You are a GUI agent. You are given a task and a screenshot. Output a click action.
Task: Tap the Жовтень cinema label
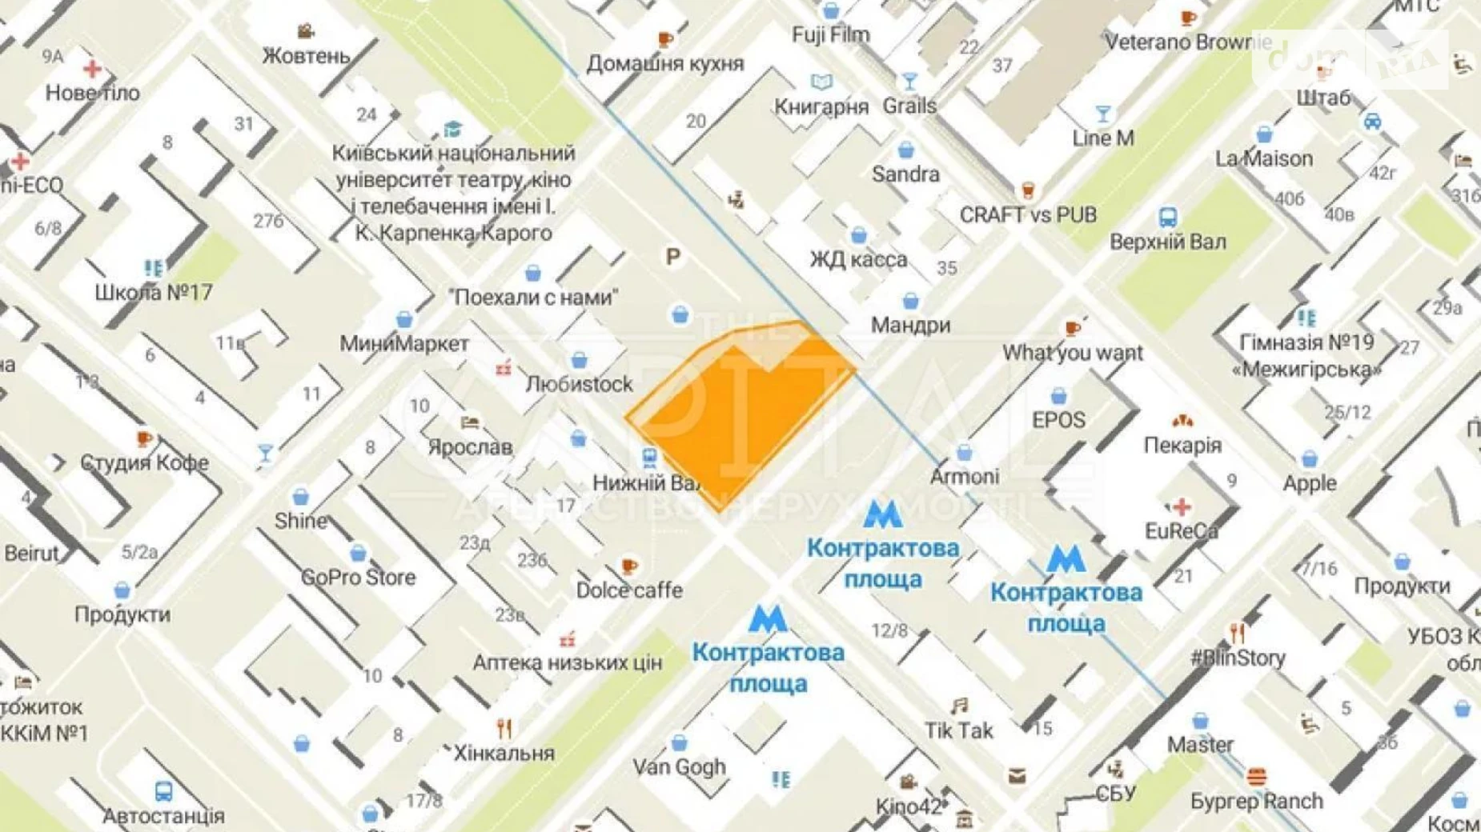coord(306,56)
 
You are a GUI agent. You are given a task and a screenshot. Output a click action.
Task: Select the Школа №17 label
coord(154,292)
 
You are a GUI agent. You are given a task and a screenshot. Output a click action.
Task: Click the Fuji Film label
coord(830,35)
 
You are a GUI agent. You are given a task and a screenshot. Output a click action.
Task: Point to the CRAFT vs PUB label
coord(1028,215)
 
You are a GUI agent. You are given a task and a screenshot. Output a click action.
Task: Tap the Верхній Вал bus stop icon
coord(1167,217)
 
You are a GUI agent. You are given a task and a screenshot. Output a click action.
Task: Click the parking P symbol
coord(673,257)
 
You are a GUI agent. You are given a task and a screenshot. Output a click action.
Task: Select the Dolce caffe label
coord(629,590)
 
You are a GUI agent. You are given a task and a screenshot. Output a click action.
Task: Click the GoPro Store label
coord(358,577)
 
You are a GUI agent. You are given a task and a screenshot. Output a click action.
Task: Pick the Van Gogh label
coord(679,766)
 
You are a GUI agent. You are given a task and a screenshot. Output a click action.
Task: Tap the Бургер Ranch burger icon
coord(1256,777)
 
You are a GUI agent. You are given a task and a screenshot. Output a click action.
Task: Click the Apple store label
coord(1310,483)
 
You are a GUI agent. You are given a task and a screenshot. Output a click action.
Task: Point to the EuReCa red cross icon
coord(1181,506)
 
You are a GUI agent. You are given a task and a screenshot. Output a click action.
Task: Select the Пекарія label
coord(1182,445)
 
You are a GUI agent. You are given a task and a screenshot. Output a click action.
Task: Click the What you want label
coord(1073,353)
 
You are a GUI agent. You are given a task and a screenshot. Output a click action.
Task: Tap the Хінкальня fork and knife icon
coord(504,729)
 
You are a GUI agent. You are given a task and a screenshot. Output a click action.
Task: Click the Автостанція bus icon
coord(163,791)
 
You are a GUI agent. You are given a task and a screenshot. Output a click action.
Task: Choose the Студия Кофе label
coord(144,462)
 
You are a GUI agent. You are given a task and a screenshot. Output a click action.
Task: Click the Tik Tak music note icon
coord(959,706)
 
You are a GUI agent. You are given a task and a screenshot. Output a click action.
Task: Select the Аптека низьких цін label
coord(567,662)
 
